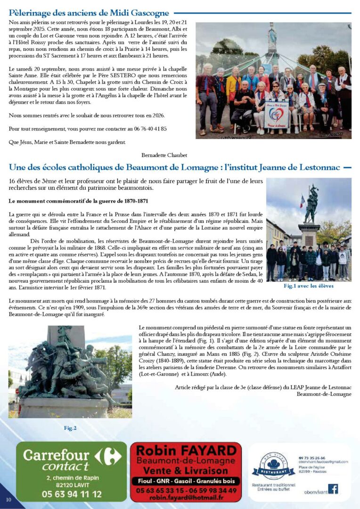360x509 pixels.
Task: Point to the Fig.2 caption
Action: coord(70,428)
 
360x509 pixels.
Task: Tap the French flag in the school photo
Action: coord(302,201)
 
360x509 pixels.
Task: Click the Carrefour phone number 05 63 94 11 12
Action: coord(72,494)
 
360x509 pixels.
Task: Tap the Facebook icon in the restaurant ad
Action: coord(333,489)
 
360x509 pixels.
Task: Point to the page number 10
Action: coord(8,500)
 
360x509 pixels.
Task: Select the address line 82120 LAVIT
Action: coord(72,484)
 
